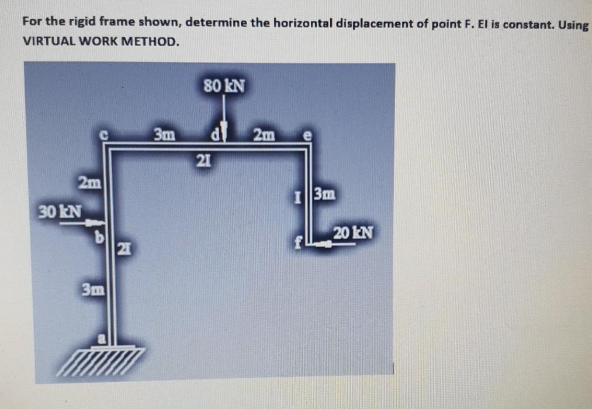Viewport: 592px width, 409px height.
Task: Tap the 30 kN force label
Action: pos(60,210)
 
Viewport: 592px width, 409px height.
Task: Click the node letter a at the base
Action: pos(102,337)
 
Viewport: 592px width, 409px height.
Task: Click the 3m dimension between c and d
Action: pos(164,136)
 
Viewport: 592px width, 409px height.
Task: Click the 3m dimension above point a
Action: pos(92,289)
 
